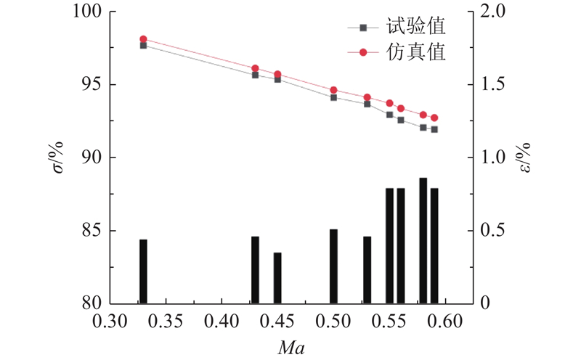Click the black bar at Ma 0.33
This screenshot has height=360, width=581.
143,271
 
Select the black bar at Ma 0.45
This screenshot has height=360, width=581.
277,278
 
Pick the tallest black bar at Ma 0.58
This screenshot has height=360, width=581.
423,241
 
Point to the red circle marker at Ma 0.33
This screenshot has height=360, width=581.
143,39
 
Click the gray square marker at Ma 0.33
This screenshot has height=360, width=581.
143,45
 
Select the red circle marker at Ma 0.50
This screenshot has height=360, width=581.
333,90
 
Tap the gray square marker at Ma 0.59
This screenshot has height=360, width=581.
434,129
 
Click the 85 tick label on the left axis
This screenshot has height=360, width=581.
86,231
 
